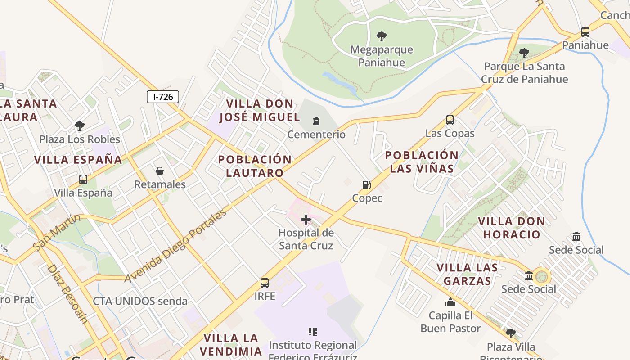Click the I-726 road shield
coord(163,96)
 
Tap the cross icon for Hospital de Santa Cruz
coord(306,220)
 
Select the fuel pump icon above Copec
coord(367,185)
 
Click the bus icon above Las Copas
coord(450,120)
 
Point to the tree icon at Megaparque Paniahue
coord(382,36)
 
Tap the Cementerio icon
coord(317,121)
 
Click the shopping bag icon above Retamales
coord(160,171)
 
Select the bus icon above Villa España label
coord(83,180)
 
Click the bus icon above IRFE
coord(265,283)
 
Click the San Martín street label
coord(57,233)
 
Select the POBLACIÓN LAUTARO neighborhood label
coord(255,166)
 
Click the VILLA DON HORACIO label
coord(511,228)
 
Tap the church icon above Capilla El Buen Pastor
coord(450,302)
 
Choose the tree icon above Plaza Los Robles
coord(80,126)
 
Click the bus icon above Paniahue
coord(585,32)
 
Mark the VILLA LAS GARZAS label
coord(467,274)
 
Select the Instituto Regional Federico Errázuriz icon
coord(313,332)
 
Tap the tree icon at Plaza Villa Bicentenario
coord(510,333)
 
